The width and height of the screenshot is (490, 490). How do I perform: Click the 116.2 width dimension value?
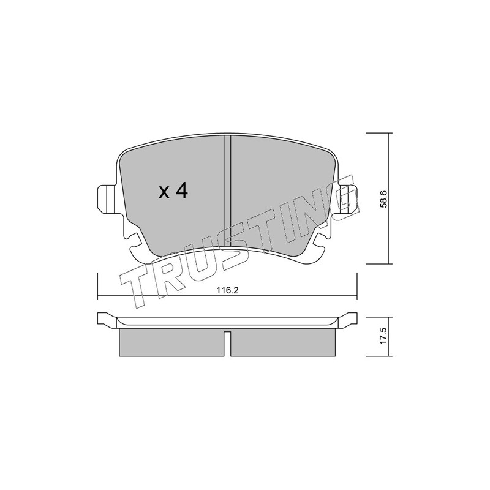pos(227,290)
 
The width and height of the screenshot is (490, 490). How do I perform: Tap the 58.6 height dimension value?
pos(384,198)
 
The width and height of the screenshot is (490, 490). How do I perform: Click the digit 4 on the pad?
pos(181,190)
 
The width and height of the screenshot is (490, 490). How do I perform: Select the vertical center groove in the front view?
pos(227,190)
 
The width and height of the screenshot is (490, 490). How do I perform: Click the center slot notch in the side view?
pos(227,344)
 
